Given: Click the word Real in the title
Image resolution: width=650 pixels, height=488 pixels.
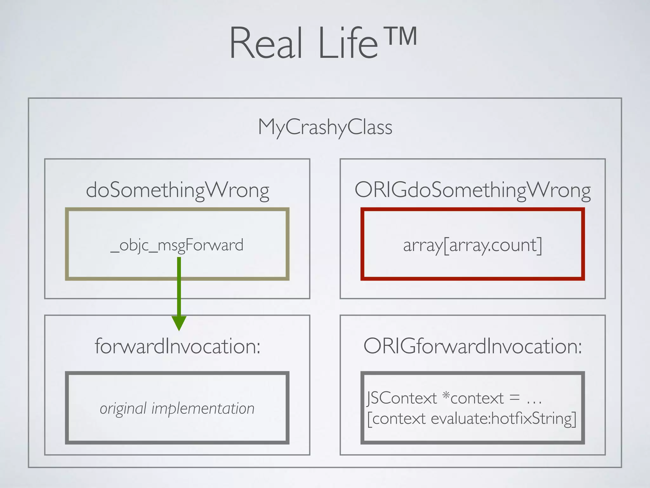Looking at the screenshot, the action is [266, 43].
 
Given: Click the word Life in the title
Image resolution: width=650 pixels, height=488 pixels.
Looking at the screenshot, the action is [348, 43].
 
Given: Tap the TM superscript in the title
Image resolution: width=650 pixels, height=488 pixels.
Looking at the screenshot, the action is [401, 36].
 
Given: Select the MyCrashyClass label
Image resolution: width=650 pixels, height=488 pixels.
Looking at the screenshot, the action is [325, 127].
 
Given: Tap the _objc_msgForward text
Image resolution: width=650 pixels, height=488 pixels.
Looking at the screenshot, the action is [177, 245].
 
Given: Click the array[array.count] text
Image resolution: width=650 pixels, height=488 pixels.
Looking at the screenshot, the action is [473, 245].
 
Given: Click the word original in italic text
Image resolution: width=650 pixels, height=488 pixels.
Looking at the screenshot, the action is [123, 409].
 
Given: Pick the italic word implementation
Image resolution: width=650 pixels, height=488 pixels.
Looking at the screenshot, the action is [203, 409].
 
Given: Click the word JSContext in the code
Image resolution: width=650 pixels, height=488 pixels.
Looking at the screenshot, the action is [402, 398].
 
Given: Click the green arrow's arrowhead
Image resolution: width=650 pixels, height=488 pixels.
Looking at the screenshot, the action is [179, 323].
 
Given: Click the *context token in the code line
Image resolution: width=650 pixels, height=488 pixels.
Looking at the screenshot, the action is [473, 398].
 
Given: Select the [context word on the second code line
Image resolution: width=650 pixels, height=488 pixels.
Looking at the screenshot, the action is [396, 419].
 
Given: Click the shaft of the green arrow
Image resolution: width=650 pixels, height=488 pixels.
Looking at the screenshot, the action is [179, 286].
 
